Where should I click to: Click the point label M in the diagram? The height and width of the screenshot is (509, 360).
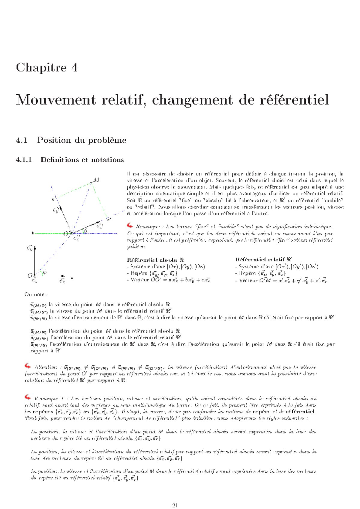coord(96,180)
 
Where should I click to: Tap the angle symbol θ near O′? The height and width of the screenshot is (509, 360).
coord(86,231)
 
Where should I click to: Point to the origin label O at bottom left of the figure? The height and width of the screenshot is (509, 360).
coord(30,275)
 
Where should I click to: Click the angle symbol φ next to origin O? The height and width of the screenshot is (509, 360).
coord(45,272)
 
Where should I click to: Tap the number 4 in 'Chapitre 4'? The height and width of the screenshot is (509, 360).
coord(74,67)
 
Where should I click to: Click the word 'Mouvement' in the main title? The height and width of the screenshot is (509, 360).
coord(56,100)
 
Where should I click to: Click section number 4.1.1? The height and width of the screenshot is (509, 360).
coord(24,160)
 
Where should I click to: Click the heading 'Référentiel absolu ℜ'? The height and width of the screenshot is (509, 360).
coord(155,260)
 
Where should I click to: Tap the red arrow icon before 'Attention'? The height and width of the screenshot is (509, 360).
coord(28,366)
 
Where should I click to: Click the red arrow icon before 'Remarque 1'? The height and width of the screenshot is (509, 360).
coord(28,397)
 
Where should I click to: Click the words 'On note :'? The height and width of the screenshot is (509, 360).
coord(36,294)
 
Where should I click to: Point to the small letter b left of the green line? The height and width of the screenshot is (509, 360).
coord(33,233)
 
